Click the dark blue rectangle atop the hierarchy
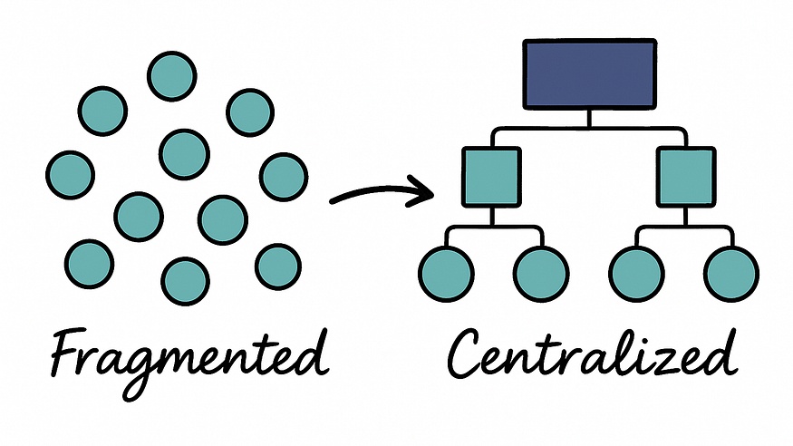click(x=589, y=73)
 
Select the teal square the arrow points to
click(x=490, y=177)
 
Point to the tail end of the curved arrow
click(x=334, y=199)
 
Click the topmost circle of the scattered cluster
click(x=172, y=76)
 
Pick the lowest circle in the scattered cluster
click(x=186, y=281)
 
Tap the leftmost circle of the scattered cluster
click(x=70, y=174)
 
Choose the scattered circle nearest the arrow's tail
click(x=284, y=177)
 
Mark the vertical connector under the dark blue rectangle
click(x=589, y=118)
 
